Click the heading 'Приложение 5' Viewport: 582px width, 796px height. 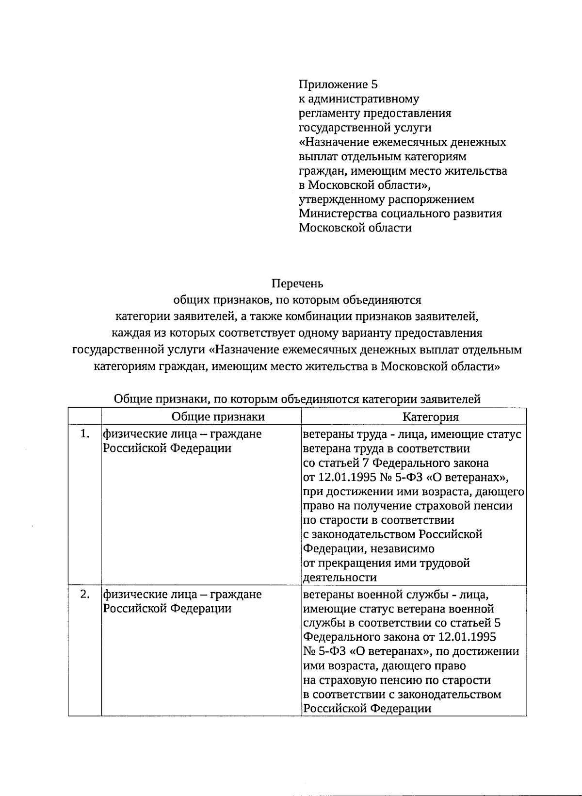click(338, 84)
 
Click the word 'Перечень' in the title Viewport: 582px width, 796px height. click(297, 283)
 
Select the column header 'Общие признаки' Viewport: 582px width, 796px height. click(218, 416)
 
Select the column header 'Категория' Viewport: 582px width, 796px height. click(431, 416)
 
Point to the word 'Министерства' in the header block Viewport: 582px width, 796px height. click(338, 214)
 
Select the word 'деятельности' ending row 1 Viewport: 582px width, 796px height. click(339, 578)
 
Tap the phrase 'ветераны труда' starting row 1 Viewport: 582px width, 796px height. click(341, 433)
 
